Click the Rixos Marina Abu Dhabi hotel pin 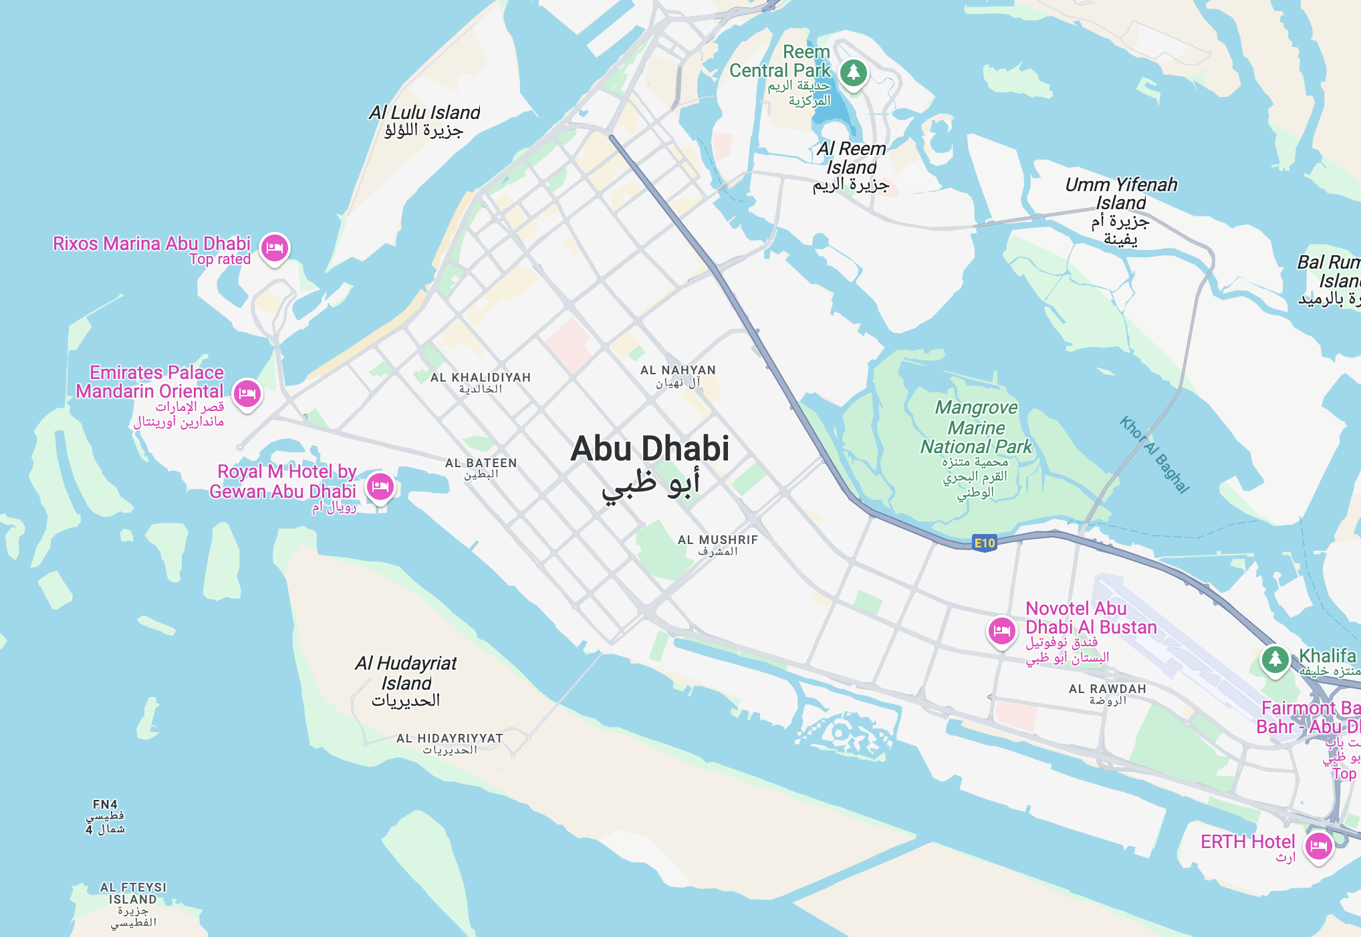pos(275,248)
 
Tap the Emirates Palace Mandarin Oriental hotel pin pos(247,393)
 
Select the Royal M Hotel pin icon pos(380,486)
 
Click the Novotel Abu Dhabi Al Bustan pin pos(1001,630)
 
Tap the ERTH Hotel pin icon pos(1318,846)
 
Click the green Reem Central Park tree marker pos(854,72)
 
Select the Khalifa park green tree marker pos(1275,659)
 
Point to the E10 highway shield pos(984,543)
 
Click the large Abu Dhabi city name pos(650,449)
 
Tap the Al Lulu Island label pos(424,113)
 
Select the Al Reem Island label pos(851,158)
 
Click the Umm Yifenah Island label pos(1121,193)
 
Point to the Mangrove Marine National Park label pos(976,428)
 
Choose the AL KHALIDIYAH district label pos(481,378)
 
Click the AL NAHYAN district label pos(678,370)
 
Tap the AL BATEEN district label pos(481,463)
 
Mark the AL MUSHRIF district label pos(718,540)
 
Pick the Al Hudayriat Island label pos(406,673)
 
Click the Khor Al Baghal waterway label pos(1154,454)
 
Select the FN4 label pos(105,805)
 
